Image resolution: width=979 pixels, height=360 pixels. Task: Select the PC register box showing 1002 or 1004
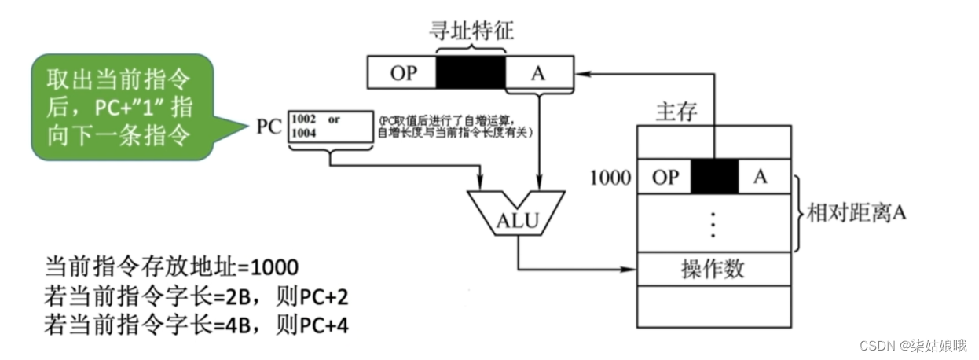click(x=331, y=126)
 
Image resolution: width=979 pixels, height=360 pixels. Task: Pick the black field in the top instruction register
click(x=471, y=73)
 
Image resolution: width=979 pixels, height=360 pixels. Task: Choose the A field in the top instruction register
click(x=538, y=73)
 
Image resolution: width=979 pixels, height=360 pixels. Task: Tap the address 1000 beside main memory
click(x=610, y=178)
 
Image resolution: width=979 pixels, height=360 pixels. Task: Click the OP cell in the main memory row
click(x=665, y=178)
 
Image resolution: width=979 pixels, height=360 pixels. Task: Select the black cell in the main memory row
click(x=714, y=178)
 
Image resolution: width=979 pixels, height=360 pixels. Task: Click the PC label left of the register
click(x=269, y=127)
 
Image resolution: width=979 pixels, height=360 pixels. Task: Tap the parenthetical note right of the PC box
click(x=456, y=127)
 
